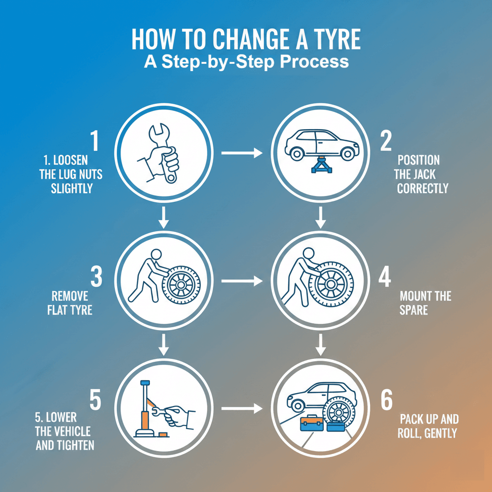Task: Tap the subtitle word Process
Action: tap(314, 62)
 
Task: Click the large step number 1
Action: tap(95, 141)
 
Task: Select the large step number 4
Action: tap(385, 277)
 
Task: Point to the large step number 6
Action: tap(387, 400)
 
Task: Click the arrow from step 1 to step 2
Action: tap(242, 153)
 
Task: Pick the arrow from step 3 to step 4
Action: tap(242, 281)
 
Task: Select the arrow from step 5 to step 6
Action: tap(242, 408)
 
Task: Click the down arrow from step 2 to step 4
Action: tap(320, 217)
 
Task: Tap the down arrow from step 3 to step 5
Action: tap(163, 345)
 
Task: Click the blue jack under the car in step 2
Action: tap(322, 164)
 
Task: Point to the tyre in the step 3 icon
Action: tap(181, 284)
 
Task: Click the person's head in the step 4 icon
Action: tap(308, 253)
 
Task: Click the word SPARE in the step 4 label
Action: tap(414, 310)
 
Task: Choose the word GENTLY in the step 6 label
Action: tap(441, 433)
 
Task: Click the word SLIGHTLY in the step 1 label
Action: tap(72, 188)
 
